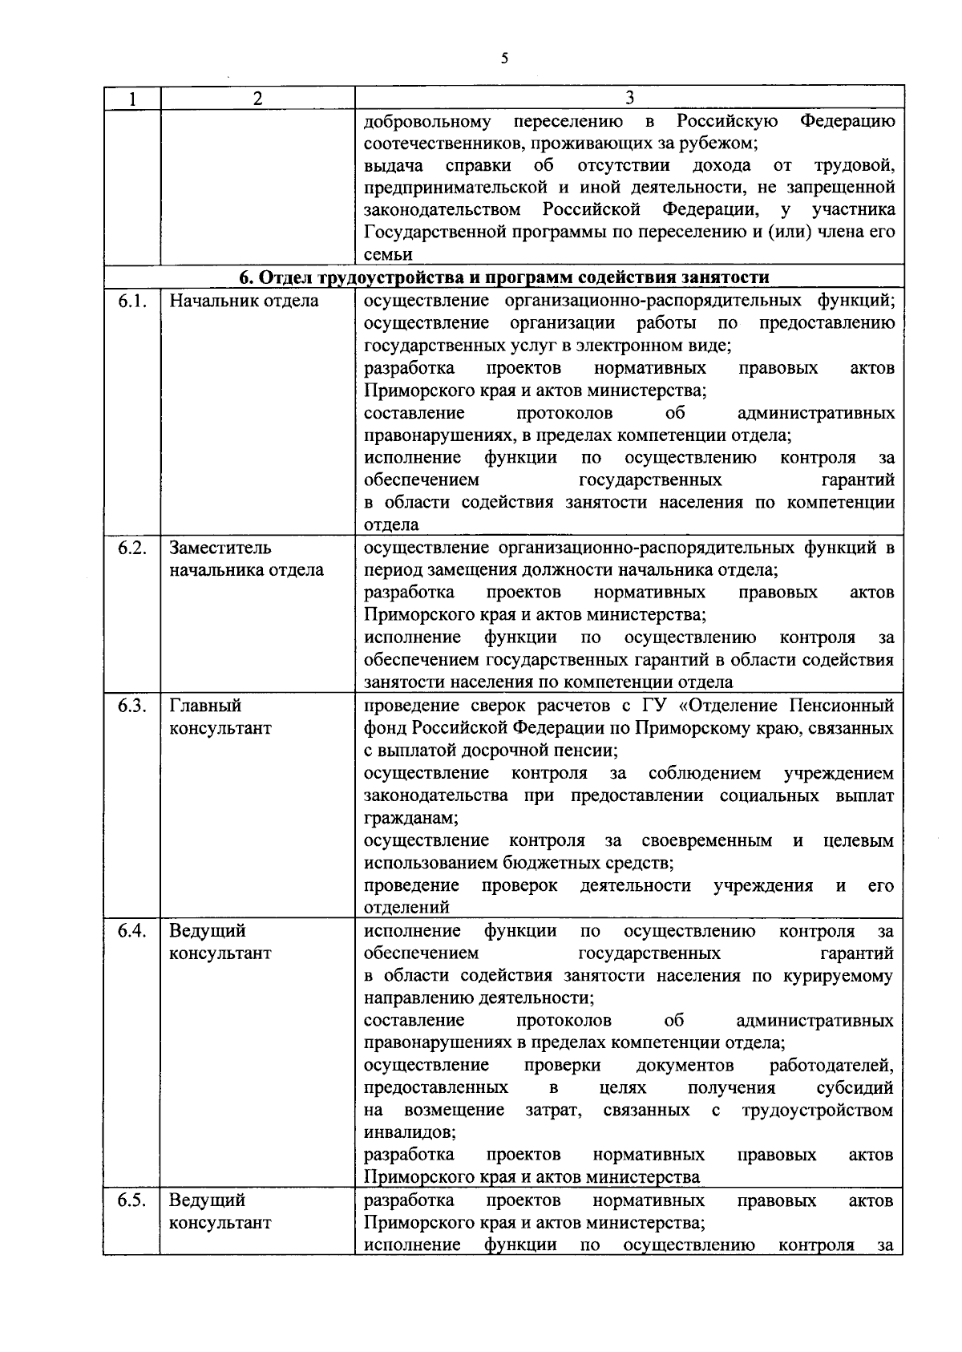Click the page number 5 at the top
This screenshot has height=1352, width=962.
click(503, 58)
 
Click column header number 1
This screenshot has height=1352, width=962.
click(131, 99)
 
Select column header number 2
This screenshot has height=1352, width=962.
click(257, 99)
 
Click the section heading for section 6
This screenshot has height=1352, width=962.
click(504, 277)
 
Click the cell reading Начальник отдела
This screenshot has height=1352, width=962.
click(244, 301)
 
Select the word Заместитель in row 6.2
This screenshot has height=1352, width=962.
click(220, 548)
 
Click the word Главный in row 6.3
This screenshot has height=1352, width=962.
click(205, 706)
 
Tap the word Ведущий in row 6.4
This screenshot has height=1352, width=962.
click(207, 931)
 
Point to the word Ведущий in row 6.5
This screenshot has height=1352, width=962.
click(207, 1200)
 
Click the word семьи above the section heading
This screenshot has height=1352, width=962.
click(388, 255)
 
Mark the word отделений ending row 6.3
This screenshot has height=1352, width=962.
click(406, 908)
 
